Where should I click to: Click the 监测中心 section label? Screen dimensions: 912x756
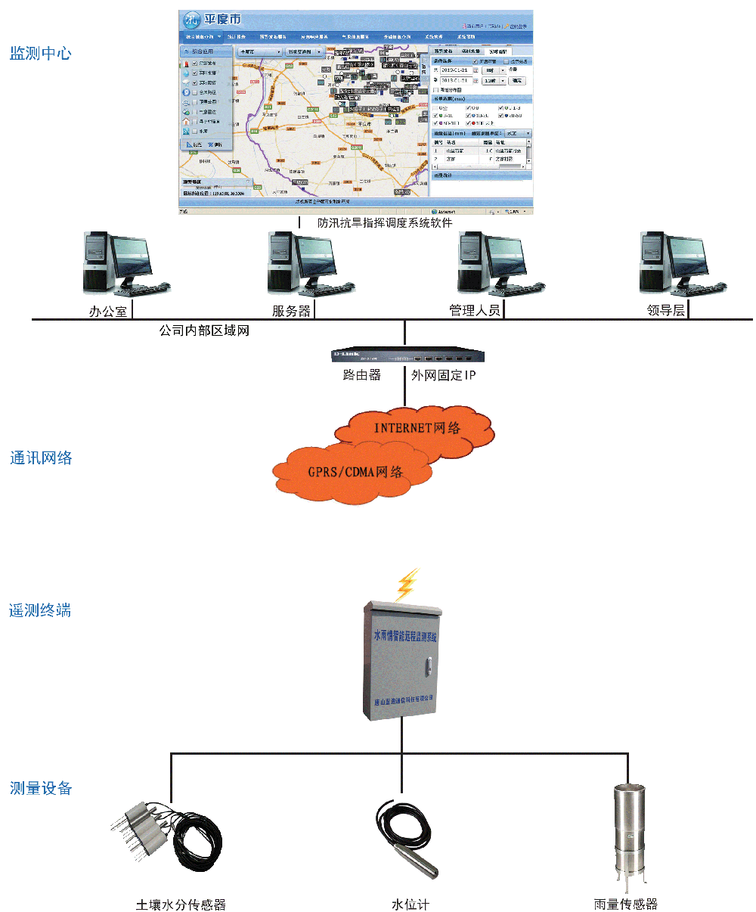40,54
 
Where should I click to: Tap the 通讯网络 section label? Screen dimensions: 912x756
41,458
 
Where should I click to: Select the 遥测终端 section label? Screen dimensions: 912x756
40,610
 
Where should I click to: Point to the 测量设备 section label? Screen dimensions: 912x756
41,788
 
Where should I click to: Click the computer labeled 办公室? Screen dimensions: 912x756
121,264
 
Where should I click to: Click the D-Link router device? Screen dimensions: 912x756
407,355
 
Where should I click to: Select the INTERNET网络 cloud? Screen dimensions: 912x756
417,429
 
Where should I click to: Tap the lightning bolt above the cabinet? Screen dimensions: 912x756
407,585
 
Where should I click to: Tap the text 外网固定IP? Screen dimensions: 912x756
444,375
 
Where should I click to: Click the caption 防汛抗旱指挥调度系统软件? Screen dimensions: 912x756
385,223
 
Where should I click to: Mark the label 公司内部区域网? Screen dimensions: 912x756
204,331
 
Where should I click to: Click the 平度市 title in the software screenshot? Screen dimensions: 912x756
222,19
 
